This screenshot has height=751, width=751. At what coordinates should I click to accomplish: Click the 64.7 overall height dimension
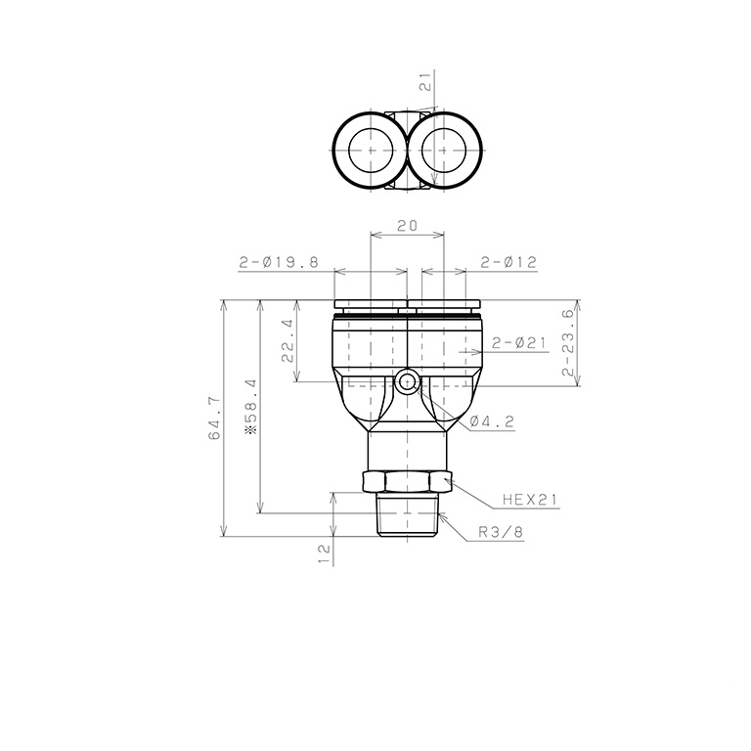point(214,419)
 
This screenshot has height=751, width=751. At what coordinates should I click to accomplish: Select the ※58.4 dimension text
point(251,407)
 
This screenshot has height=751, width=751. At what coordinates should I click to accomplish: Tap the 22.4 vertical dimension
point(287,341)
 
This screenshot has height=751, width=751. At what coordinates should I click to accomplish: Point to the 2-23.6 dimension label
point(568,342)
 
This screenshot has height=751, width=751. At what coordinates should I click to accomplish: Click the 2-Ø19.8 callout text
point(279,262)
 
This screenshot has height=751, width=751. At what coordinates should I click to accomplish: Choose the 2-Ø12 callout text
point(508,262)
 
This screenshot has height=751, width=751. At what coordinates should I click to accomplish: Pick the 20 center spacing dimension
point(407,225)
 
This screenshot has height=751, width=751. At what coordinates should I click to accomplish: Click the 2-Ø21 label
point(519,343)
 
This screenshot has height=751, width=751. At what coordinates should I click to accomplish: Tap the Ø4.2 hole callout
point(492,421)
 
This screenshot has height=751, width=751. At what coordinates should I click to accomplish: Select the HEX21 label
point(530,500)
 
